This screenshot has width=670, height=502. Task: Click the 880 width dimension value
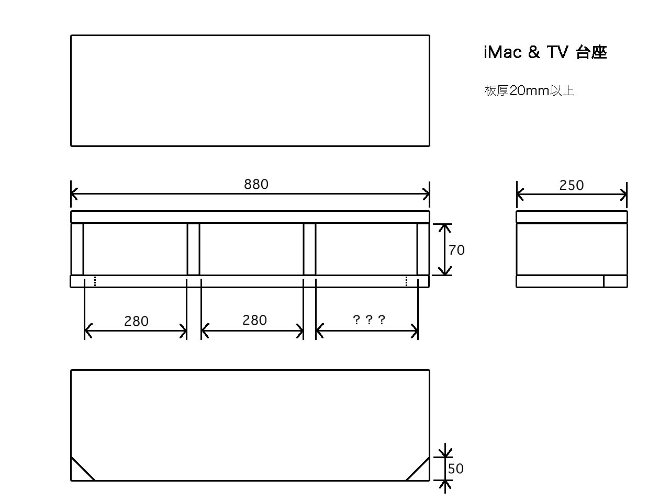[x=256, y=184]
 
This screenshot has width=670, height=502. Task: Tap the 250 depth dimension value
[x=572, y=185]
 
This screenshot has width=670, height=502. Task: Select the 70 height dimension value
[x=456, y=250]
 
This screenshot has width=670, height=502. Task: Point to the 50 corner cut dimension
[x=455, y=469]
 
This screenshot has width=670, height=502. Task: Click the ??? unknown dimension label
[x=368, y=320]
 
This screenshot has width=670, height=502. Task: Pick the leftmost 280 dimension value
[x=136, y=321]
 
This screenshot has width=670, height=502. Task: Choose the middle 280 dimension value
[x=254, y=320]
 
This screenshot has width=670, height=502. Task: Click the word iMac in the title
[x=502, y=52]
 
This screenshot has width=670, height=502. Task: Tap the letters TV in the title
[x=557, y=52]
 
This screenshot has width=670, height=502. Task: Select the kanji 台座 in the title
[x=591, y=52]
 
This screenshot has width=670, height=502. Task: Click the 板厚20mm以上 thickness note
[x=529, y=90]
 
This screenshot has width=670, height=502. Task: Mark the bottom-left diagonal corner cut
[x=83, y=469]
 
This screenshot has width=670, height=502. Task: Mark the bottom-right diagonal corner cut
[x=418, y=469]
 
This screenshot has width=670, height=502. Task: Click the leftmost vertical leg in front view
[x=77, y=249]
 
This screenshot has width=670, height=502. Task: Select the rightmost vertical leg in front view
[x=423, y=249]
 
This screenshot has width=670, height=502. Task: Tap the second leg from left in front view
[x=193, y=249]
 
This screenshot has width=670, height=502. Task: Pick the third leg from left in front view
[x=309, y=249]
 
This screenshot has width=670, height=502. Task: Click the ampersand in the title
[x=534, y=52]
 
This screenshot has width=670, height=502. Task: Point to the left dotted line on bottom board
[x=95, y=281]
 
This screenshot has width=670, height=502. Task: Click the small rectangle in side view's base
[x=616, y=281]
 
